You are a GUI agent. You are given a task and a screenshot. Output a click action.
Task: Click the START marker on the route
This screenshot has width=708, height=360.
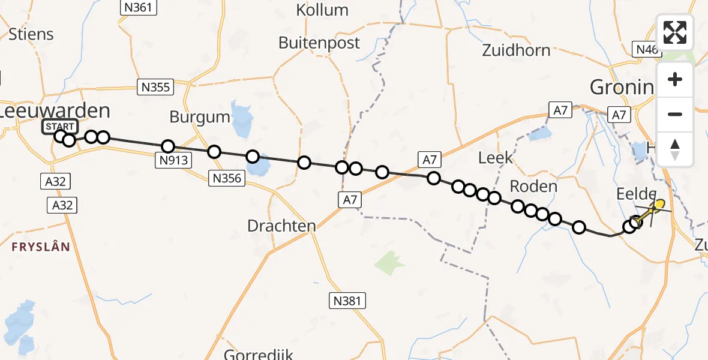click(x=59, y=127)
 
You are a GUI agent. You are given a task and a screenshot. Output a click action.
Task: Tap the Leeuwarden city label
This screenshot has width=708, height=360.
click(x=55, y=111)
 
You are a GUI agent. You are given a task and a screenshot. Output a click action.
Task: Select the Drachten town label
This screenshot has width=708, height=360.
click(x=281, y=226)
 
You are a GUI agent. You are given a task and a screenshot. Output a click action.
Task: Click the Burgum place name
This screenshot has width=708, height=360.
click(x=200, y=117)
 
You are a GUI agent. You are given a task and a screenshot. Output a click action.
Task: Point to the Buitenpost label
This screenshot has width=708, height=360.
click(x=319, y=43)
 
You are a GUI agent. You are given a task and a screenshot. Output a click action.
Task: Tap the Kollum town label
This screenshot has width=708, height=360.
click(x=322, y=10)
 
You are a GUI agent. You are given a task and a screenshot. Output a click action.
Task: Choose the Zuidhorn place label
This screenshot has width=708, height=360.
click(x=516, y=50)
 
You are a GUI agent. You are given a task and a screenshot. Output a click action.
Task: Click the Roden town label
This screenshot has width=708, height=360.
click(x=533, y=187)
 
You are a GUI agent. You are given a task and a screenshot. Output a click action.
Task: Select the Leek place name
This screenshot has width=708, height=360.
click(x=496, y=158)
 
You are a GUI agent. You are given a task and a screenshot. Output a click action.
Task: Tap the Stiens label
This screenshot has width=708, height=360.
click(x=31, y=35)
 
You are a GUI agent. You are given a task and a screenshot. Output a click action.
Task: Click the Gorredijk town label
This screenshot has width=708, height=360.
click(x=262, y=354)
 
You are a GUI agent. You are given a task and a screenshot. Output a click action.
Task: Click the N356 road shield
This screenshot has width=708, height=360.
click(x=226, y=178)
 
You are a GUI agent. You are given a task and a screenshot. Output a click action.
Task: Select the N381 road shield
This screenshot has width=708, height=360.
click(x=347, y=301)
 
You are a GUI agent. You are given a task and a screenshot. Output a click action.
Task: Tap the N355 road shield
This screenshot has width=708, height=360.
click(x=155, y=87)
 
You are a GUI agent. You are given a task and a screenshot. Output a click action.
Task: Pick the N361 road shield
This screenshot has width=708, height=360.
click(x=139, y=8)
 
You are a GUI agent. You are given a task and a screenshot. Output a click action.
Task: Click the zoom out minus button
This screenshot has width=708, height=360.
click(x=675, y=115)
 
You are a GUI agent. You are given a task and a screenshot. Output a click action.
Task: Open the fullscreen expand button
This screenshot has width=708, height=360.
click(x=675, y=32)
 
